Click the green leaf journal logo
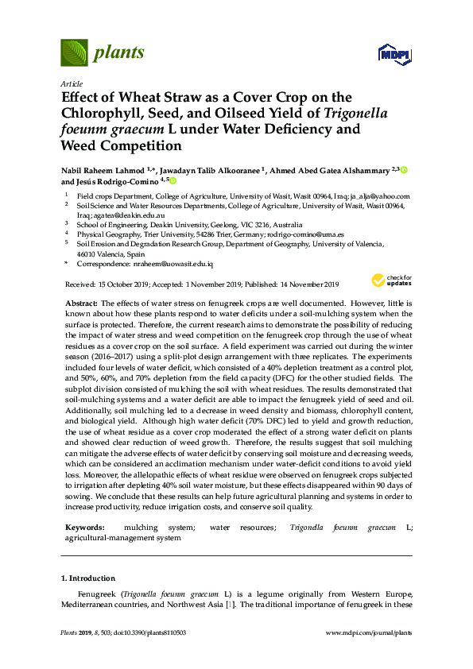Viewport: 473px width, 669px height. tap(75, 52)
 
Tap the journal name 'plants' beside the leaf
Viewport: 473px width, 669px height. tap(119, 53)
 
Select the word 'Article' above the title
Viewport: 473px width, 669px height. tap(71, 83)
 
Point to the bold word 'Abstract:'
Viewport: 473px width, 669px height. tap(81, 304)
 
